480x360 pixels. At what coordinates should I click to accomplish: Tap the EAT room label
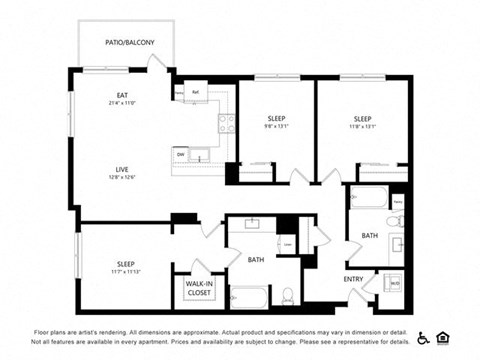[123, 96]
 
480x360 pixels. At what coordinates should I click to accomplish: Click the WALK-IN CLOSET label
[197, 288]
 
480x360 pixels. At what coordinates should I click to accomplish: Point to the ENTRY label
[354, 279]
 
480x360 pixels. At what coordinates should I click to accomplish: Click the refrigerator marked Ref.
[196, 93]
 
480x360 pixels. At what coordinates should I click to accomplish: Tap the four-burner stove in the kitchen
[227, 123]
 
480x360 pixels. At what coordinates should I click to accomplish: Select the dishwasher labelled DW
[181, 154]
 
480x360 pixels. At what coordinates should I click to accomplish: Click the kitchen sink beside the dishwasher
[202, 154]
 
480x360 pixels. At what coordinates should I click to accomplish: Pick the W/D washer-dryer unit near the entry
[395, 283]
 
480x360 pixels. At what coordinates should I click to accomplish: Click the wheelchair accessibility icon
[423, 338]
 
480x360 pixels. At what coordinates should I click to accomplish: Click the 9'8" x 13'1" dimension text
[276, 126]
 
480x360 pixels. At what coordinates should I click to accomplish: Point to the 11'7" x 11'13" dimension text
[124, 271]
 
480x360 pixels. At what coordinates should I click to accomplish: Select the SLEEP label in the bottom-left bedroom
[124, 263]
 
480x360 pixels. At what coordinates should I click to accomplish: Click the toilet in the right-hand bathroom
[393, 221]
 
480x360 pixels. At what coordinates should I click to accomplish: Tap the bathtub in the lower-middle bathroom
[247, 296]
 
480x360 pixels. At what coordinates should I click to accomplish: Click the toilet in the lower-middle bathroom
[288, 294]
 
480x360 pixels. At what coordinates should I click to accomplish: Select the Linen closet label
[288, 243]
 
